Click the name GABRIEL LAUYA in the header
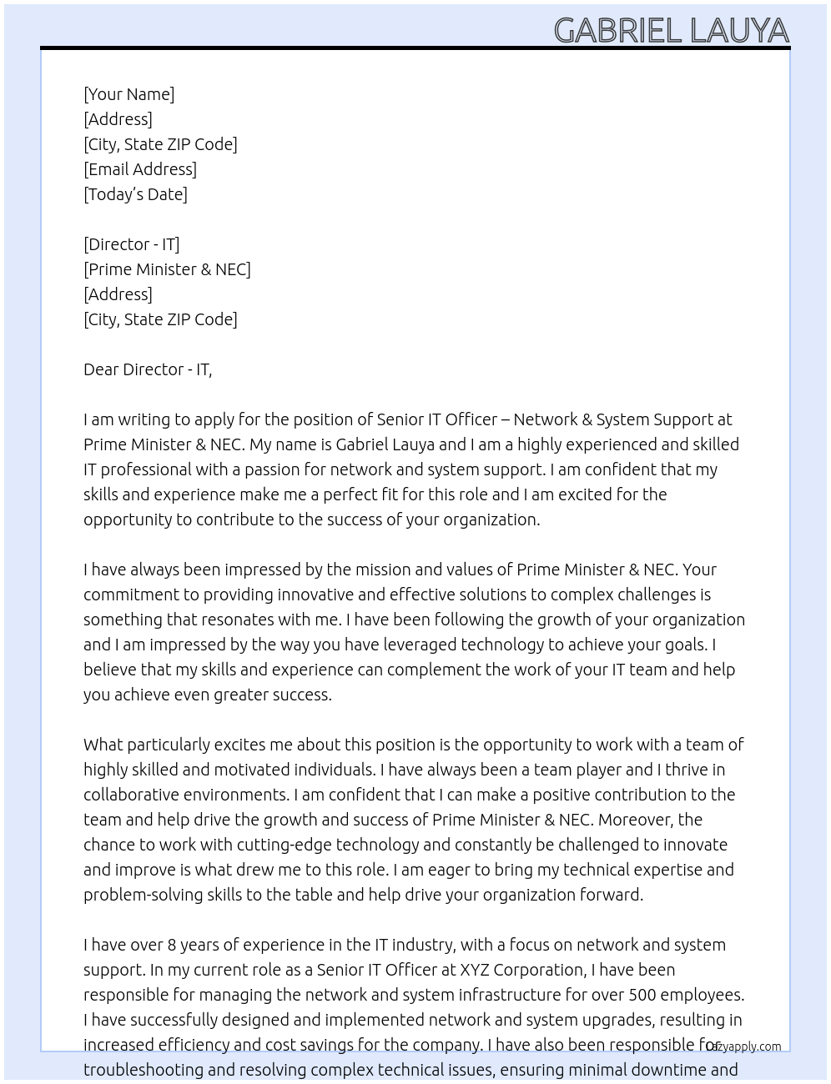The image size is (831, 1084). pos(671,31)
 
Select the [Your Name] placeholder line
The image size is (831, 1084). pos(129,94)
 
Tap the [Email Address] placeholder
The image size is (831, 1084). pos(140,169)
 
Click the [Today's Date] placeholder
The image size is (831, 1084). pos(135,194)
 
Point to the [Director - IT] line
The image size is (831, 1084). pos(131,244)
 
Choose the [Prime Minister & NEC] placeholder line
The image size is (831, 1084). pos(167,269)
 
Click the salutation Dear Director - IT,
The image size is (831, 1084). pos(148,369)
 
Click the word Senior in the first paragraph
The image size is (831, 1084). pos(400,419)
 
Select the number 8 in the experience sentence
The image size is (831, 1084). pos(172,945)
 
